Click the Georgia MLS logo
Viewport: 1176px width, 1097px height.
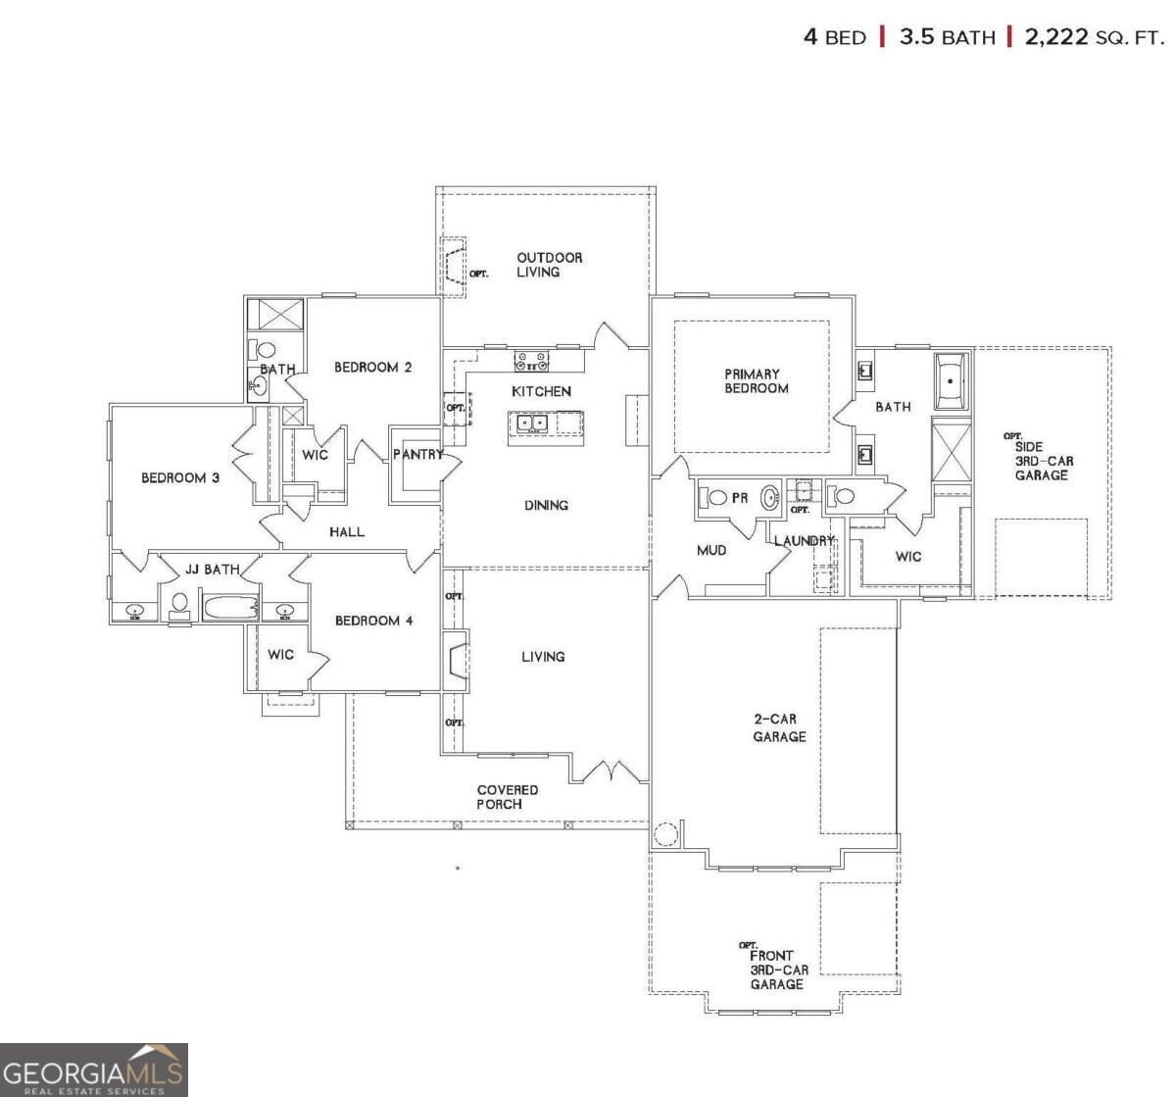[93, 1070]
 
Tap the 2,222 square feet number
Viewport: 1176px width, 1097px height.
[1055, 37]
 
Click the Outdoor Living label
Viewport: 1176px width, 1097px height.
[549, 265]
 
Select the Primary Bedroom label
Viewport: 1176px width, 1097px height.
[757, 381]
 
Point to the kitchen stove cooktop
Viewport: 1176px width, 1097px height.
[530, 361]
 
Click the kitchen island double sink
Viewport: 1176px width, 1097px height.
[532, 424]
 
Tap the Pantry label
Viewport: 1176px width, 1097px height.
[418, 455]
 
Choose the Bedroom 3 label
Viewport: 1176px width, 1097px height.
[180, 477]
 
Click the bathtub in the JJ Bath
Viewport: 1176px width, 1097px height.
[231, 608]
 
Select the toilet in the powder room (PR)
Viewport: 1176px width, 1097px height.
[712, 497]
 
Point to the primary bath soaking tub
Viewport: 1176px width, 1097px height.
[951, 381]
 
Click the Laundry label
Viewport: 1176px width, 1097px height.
[805, 540]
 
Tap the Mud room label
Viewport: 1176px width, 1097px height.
[711, 551]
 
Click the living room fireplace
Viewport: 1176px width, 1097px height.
[456, 661]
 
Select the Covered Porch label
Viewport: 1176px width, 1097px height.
[508, 796]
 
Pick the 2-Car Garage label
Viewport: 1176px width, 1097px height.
[779, 727]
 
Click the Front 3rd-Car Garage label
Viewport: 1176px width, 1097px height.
[779, 970]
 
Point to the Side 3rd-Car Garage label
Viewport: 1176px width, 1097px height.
[1044, 461]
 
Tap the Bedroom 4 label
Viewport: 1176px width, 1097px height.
[373, 621]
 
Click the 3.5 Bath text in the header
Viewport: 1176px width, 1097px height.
[948, 37]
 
